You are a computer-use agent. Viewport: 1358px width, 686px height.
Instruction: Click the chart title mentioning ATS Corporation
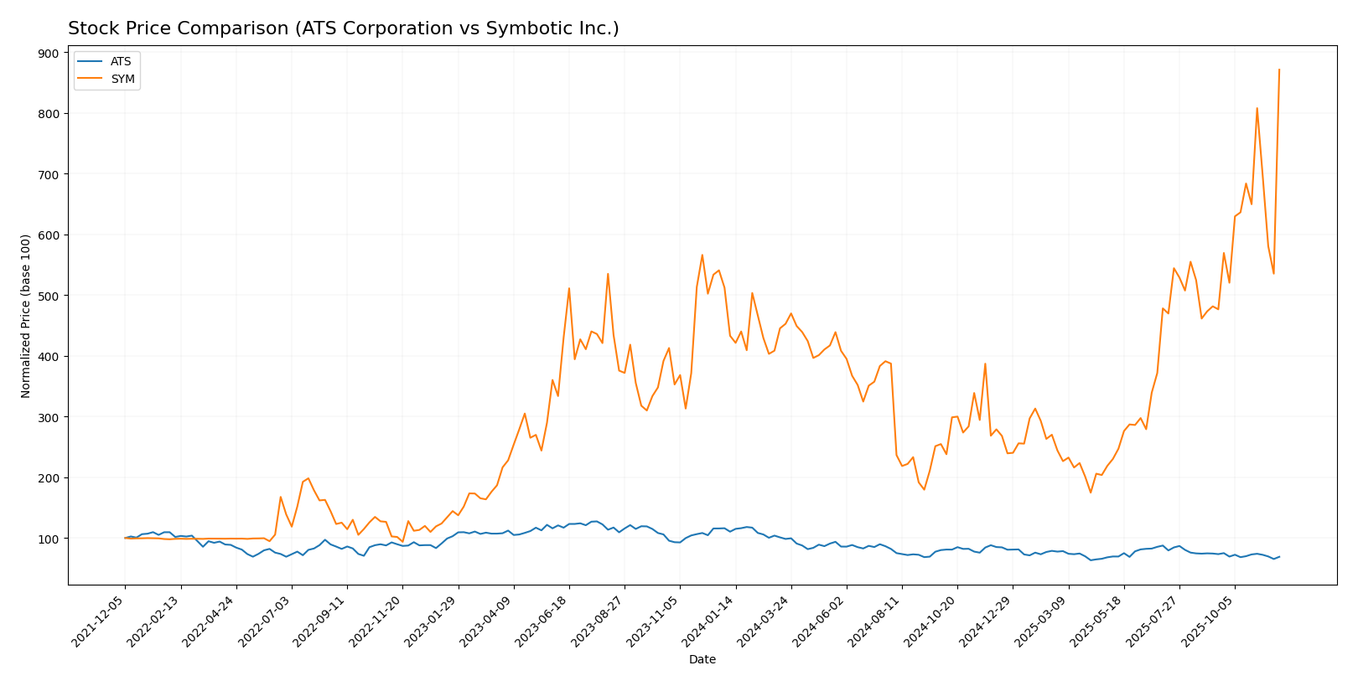pos(343,28)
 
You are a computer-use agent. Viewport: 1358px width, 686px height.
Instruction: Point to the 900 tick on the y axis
pos(49,53)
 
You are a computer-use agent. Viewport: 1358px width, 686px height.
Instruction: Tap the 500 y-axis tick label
pos(49,296)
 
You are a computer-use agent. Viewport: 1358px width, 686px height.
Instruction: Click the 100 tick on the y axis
pos(49,539)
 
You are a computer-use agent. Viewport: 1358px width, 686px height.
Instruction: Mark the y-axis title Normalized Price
pos(26,316)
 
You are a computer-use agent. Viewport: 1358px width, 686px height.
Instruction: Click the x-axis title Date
pos(702,660)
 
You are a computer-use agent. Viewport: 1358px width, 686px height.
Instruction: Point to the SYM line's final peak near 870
pos(1278,70)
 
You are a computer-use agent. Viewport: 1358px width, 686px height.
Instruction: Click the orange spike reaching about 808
pos(1257,109)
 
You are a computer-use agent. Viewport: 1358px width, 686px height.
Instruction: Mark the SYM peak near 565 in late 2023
pos(702,255)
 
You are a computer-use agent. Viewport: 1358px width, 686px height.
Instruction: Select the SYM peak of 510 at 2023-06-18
pos(569,289)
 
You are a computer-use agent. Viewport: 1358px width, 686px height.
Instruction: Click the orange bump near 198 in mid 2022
pos(308,478)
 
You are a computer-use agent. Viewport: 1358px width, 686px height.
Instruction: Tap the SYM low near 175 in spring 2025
pos(1091,492)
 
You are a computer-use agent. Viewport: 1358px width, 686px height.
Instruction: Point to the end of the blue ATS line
pos(1278,556)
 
